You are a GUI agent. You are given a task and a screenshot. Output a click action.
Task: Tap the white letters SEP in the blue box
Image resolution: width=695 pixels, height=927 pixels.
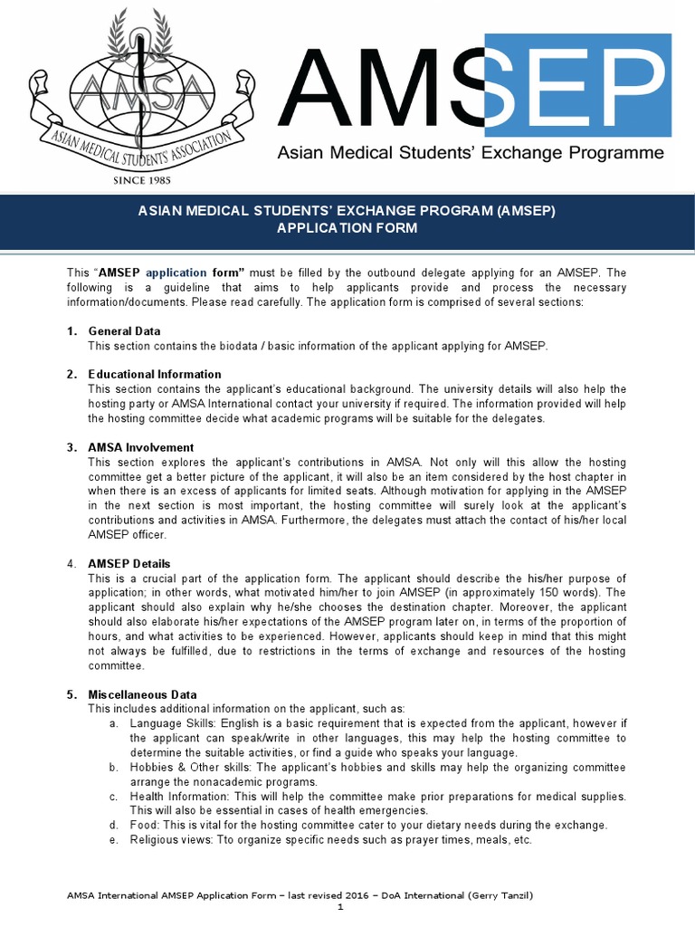pos(578,85)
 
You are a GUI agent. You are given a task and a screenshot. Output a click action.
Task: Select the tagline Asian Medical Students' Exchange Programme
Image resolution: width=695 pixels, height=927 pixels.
pos(470,153)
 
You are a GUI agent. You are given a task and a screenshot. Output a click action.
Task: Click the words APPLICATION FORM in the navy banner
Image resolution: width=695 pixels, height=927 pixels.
pos(347,228)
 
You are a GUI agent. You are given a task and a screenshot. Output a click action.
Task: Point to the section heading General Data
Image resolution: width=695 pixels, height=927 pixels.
pos(124,330)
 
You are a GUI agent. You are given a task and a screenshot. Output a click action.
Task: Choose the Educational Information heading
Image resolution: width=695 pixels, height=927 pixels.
pos(154,374)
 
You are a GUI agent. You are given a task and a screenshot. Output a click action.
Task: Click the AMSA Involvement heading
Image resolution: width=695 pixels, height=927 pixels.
pos(140,447)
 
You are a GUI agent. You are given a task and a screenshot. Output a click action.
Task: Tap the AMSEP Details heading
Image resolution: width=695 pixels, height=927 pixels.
pos(129,563)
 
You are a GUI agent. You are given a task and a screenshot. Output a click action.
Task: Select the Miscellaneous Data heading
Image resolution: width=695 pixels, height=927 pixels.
pos(142,694)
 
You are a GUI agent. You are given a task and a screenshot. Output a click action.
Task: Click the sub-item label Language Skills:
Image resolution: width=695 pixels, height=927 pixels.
pos(172,723)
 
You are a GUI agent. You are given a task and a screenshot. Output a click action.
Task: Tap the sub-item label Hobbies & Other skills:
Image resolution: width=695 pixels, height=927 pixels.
pos(192,767)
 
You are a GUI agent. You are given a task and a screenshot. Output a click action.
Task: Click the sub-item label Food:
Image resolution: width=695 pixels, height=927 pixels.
pos(144,825)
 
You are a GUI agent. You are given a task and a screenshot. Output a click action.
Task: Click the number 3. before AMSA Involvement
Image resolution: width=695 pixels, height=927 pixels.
pos(71,447)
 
